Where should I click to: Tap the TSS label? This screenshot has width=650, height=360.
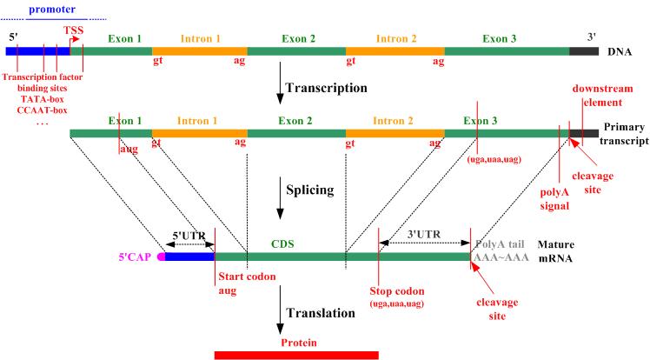pyautogui.click(x=74, y=30)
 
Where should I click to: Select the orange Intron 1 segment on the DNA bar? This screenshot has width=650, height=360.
pyautogui.click(x=199, y=51)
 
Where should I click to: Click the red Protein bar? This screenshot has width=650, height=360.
pyautogui.click(x=296, y=354)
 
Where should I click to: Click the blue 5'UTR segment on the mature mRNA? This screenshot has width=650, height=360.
pyautogui.click(x=189, y=257)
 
